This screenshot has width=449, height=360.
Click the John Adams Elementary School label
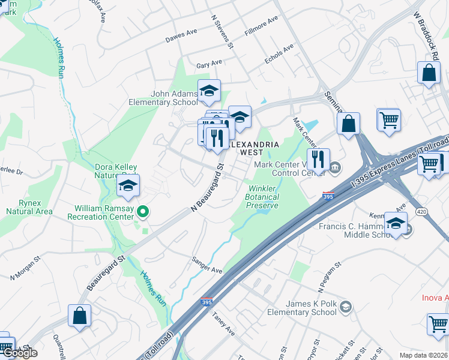(x=174, y=98)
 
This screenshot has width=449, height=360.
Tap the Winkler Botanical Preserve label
(x=263, y=197)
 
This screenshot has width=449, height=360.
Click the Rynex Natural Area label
(x=29, y=207)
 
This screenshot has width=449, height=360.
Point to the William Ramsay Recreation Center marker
(x=143, y=211)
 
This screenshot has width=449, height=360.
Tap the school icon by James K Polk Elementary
(x=345, y=308)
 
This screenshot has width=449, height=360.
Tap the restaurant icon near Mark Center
(x=318, y=159)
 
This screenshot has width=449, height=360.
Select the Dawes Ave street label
(x=181, y=37)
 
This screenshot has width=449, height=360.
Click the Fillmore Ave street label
(x=262, y=26)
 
